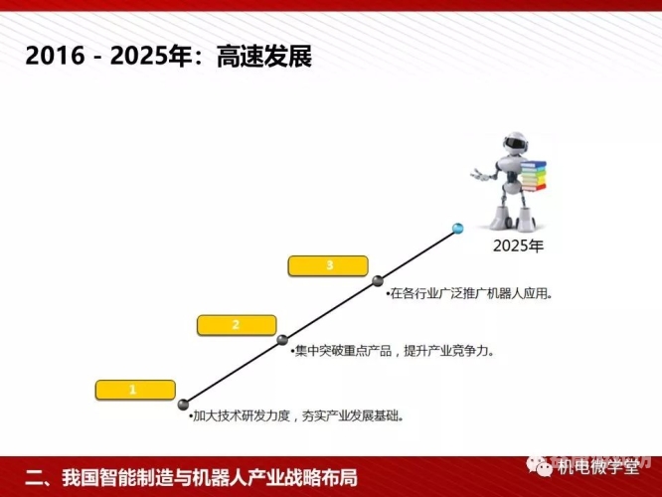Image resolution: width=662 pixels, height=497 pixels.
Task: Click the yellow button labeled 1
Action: point(132,390)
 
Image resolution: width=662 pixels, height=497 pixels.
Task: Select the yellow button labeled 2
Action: point(236,325)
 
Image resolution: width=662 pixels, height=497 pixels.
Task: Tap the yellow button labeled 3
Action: point(329,265)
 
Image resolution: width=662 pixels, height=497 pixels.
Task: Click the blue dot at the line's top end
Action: point(457,229)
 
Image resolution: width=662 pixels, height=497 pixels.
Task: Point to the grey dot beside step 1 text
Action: point(183,405)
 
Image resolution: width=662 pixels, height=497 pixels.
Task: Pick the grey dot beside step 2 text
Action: point(283,340)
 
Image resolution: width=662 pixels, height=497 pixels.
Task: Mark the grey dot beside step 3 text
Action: point(379,281)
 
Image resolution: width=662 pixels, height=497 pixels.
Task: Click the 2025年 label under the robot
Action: point(519,246)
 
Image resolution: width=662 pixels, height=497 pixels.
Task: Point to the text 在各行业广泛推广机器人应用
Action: point(470,293)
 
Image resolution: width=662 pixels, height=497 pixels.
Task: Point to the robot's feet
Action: point(516,224)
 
